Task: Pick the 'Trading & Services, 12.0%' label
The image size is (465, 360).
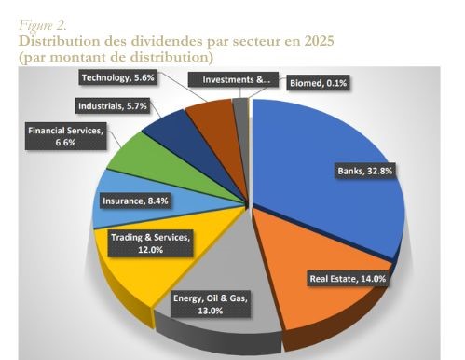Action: tap(150, 243)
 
